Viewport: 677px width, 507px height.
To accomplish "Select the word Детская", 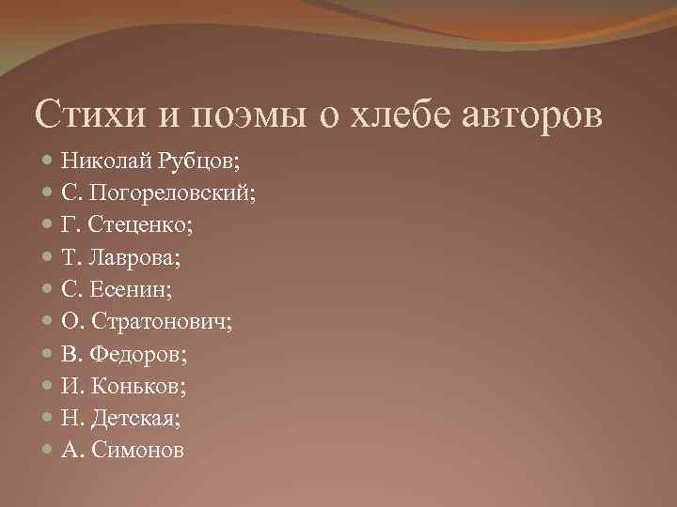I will [140, 419].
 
